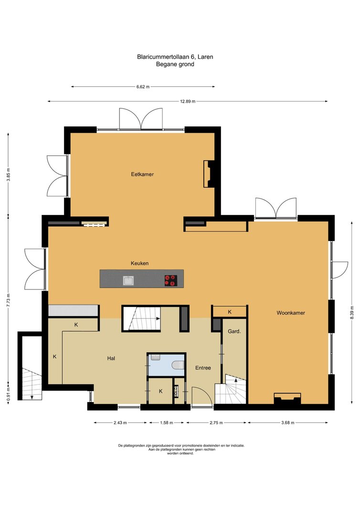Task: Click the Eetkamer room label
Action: pyautogui.click(x=142, y=174)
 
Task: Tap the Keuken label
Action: pyautogui.click(x=139, y=263)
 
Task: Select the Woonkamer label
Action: pyautogui.click(x=291, y=313)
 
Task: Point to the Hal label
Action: pyautogui.click(x=111, y=359)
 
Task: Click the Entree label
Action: pyautogui.click(x=203, y=368)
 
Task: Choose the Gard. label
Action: pyautogui.click(x=234, y=331)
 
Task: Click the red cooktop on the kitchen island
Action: pyautogui.click(x=171, y=280)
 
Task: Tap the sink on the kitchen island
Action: pyautogui.click(x=128, y=280)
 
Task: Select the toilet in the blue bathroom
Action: pyautogui.click(x=178, y=366)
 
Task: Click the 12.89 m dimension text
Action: pyautogui.click(x=188, y=101)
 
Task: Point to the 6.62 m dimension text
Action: pyautogui.click(x=143, y=87)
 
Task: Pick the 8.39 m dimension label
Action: pyautogui.click(x=352, y=313)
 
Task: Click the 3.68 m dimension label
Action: pyautogui.click(x=287, y=423)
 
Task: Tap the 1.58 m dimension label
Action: pyautogui.click(x=167, y=423)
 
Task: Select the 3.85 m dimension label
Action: pyautogui.click(x=9, y=175)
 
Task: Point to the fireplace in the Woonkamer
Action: pyautogui.click(x=287, y=399)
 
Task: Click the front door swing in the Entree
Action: pyautogui.click(x=202, y=396)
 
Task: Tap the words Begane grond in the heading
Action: pyautogui.click(x=175, y=64)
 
